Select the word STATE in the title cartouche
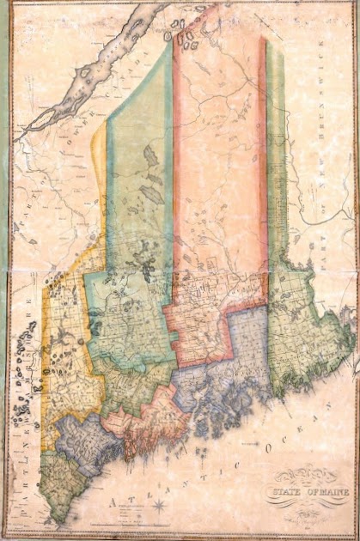point(284,491)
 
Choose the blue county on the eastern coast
point(232,361)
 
